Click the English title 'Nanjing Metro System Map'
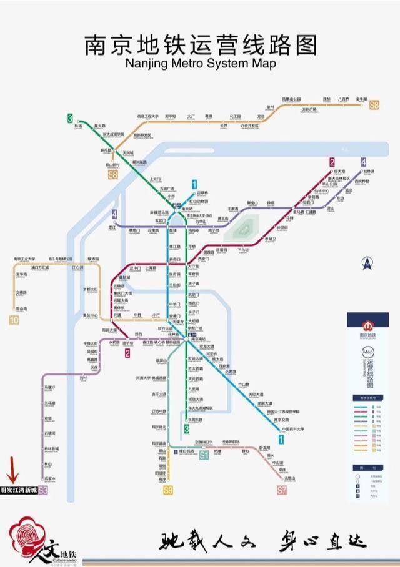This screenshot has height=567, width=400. point(200,63)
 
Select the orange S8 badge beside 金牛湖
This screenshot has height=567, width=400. point(374,106)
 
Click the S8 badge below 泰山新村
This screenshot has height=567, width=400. point(112,175)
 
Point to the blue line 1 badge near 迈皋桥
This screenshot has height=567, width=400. point(195,184)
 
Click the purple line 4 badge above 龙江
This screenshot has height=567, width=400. point(114,214)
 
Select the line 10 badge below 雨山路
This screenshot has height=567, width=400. point(14,320)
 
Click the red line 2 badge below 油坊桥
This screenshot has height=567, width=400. point(127,353)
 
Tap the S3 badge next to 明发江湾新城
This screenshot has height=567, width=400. point(43,491)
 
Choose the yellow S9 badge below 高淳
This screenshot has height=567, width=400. point(167,490)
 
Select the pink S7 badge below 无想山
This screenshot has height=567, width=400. point(282,490)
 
